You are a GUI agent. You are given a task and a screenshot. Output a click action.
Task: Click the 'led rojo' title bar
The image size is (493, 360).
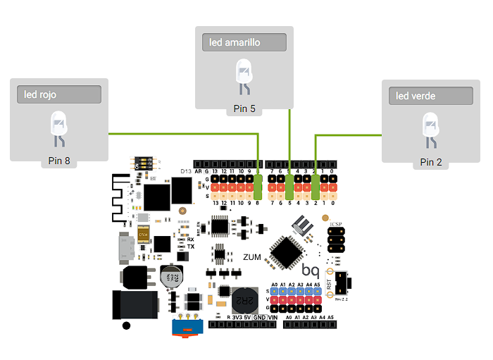pyautogui.click(x=60, y=94)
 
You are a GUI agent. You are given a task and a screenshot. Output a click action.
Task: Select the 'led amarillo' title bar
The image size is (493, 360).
pyautogui.click(x=244, y=42)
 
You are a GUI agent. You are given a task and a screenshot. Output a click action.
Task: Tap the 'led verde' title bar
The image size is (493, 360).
pyautogui.click(x=430, y=96)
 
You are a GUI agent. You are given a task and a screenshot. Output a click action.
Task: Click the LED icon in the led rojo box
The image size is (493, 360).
pyautogui.click(x=59, y=129)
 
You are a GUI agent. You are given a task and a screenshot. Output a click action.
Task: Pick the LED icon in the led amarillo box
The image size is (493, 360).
pyautogui.click(x=244, y=76)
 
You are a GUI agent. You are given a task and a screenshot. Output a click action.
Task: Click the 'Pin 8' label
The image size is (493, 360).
pyautogui.click(x=59, y=161)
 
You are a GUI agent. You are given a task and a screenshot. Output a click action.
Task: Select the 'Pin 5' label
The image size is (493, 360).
pyautogui.click(x=244, y=108)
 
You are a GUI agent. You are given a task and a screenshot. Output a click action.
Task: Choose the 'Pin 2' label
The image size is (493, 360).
pyautogui.click(x=430, y=162)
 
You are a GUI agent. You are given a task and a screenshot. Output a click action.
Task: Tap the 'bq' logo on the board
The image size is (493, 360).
pyautogui.click(x=311, y=270)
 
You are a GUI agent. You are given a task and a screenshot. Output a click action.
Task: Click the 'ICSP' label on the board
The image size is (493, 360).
pyautogui.click(x=336, y=225)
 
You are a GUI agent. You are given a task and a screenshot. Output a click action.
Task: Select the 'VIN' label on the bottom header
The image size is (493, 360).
pyautogui.click(x=273, y=318)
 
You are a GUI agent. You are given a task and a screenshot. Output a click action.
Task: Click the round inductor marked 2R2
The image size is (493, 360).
pyautogui.click(x=244, y=300)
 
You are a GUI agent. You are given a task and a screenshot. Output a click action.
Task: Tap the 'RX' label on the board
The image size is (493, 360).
pyautogui.click(x=190, y=240)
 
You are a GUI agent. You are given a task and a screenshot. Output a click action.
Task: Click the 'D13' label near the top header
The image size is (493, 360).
pyautogui.click(x=186, y=171)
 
